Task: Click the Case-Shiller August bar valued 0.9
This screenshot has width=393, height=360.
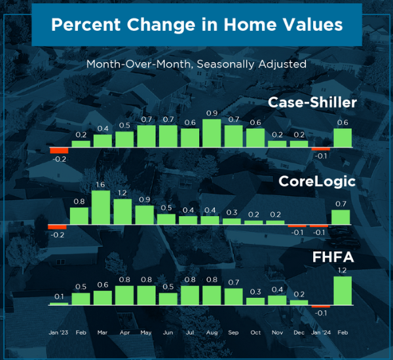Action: coord(212,133)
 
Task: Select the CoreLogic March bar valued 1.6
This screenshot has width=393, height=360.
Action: coord(101,207)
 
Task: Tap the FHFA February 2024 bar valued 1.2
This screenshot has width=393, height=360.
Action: coord(343,291)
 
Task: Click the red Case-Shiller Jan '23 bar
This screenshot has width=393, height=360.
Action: coord(59,151)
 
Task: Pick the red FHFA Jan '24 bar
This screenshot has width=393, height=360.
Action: coord(321,306)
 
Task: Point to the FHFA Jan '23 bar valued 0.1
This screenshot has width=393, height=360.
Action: coord(59,304)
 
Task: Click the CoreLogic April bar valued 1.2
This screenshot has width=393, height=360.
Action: coord(122,211)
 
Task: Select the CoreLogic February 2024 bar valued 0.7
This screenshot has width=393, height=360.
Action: coord(341,217)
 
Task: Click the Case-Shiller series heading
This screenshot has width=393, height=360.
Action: coord(312,103)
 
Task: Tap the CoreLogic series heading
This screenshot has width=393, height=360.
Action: coord(317,181)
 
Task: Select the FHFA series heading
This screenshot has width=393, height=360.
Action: coord(333,257)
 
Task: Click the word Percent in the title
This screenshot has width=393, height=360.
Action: coord(86,25)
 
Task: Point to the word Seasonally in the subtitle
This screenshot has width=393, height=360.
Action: coord(225,64)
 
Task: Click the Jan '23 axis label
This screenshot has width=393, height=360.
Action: coord(58,333)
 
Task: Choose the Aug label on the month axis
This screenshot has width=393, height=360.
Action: coord(212,333)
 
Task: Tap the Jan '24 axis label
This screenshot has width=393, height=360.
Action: coord(321,333)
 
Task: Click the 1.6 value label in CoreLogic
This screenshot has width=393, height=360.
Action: coord(100,185)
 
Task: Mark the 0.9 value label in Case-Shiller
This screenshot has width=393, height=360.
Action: coord(212,113)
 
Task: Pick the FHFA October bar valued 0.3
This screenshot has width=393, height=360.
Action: coord(255,301)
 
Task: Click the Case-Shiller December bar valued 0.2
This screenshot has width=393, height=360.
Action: coord(299,144)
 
